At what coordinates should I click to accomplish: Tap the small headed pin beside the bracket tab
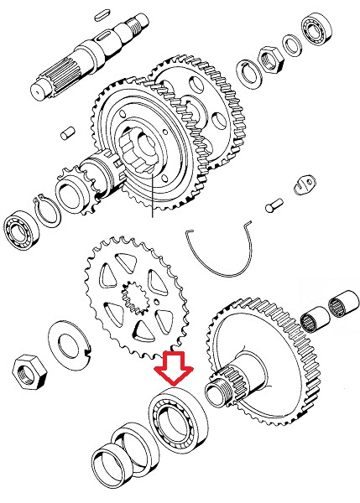(x=273, y=203)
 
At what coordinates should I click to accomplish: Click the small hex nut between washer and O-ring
(x=269, y=59)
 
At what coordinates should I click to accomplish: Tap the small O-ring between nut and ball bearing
(x=292, y=45)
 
